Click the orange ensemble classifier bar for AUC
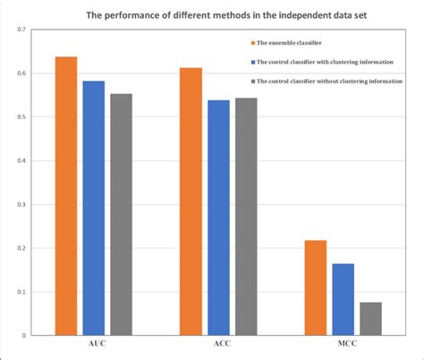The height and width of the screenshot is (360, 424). [x=65, y=196]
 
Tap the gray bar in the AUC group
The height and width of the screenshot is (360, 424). [x=121, y=215]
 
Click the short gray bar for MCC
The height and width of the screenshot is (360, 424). [x=370, y=319]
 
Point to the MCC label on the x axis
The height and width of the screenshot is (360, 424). [x=343, y=345]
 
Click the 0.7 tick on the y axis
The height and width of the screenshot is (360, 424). [x=20, y=30]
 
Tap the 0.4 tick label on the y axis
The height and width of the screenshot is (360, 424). [x=20, y=161]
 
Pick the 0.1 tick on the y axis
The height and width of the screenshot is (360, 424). [x=20, y=292]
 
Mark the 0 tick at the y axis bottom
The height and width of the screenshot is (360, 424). [x=23, y=336]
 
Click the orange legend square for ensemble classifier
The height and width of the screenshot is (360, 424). [x=253, y=42]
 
